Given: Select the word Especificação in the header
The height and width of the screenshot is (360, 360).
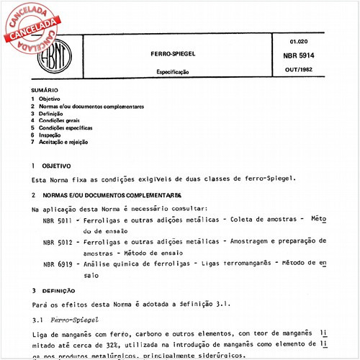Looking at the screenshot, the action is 173,73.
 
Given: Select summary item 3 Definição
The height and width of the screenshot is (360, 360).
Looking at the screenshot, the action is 48,113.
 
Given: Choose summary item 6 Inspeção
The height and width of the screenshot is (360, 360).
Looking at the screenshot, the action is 47,135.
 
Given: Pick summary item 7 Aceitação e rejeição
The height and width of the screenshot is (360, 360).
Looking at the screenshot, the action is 58,142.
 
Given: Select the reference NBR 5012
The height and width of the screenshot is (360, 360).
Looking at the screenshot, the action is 57,242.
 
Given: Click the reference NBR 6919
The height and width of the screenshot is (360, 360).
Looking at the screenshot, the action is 57,264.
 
